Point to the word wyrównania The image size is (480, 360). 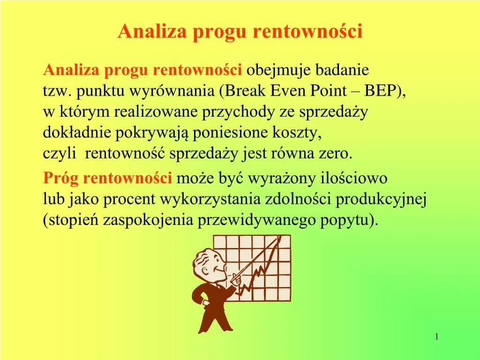(x=174, y=91)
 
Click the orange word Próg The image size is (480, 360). (x=60, y=179)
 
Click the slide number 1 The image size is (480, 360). (x=436, y=337)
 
